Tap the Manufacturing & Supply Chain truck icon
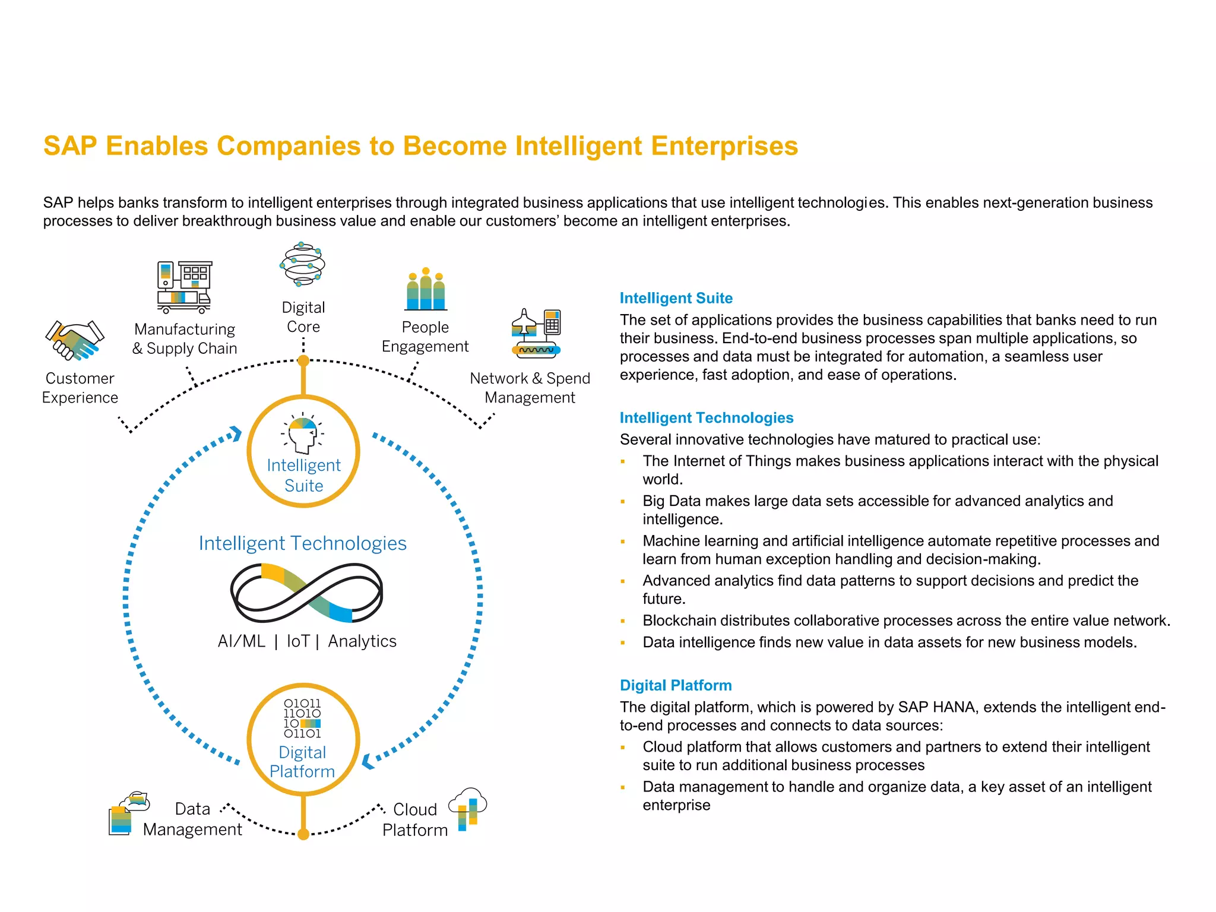coord(184,287)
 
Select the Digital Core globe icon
coord(303,264)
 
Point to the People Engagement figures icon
coord(426,290)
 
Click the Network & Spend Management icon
coord(536,333)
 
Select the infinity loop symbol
coord(306,593)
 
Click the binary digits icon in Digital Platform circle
coord(302,718)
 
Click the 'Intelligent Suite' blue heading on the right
coord(676,298)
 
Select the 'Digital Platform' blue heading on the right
coord(675,685)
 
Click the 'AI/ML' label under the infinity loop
coord(241,641)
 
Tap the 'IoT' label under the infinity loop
coord(298,641)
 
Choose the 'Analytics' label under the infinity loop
coord(362,641)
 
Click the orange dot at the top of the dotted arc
coord(303,360)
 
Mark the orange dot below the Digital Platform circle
coord(303,834)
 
